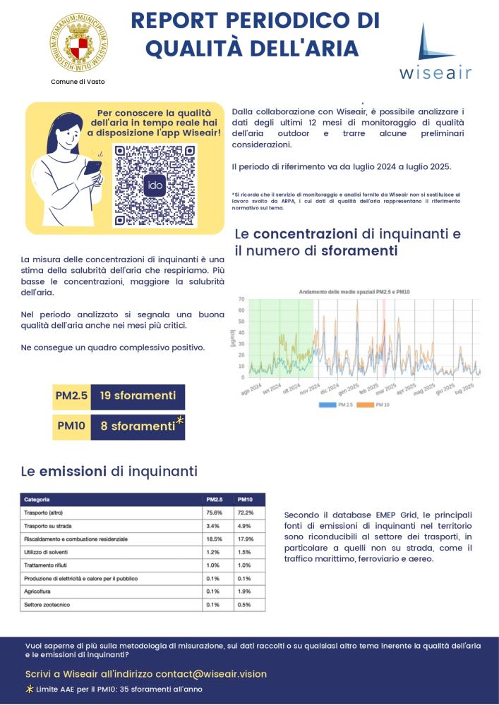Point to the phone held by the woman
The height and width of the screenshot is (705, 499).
[92, 166]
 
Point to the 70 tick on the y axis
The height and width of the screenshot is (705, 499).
[241, 299]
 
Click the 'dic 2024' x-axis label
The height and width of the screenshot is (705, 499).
[330, 388]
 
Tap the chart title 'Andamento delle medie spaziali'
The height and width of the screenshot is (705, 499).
[354, 291]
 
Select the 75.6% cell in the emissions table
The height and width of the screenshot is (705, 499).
[214, 513]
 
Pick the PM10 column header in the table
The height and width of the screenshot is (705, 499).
[246, 499]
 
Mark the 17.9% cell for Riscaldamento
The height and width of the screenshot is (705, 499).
[246, 539]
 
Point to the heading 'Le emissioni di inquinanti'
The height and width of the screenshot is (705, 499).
[109, 471]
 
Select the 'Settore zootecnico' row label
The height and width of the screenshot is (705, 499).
[47, 605]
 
